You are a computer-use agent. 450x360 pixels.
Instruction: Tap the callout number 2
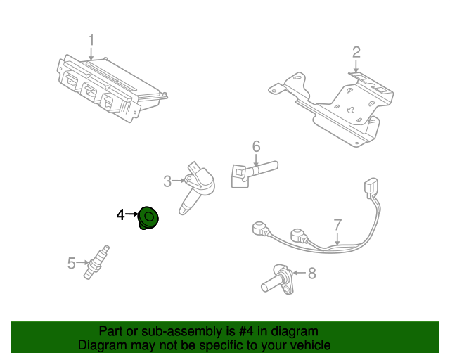(x=356, y=51)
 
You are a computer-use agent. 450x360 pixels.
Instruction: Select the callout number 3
(x=167, y=181)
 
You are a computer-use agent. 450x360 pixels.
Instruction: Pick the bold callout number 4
(x=120, y=214)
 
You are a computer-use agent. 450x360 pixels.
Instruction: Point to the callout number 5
(x=71, y=264)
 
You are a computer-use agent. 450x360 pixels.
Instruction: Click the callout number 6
(x=257, y=146)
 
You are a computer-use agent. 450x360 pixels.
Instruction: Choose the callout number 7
(x=337, y=224)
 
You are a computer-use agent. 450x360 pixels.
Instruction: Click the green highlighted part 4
(x=148, y=218)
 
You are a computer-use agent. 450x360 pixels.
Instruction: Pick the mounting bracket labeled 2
(x=330, y=105)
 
